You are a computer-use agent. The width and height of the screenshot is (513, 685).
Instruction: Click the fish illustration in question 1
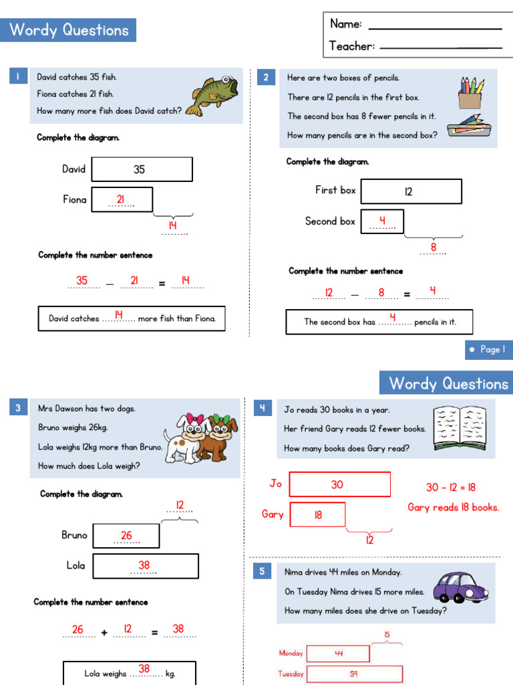[x=212, y=94]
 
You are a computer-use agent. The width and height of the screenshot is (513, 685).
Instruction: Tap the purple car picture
[x=461, y=588]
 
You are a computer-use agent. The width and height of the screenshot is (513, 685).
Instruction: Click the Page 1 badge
[x=488, y=349]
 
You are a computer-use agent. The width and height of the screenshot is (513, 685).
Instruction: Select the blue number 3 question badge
[x=17, y=407]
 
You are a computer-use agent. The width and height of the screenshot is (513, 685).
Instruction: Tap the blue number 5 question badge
[x=263, y=571]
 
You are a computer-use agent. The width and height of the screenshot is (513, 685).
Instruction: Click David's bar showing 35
[x=142, y=169]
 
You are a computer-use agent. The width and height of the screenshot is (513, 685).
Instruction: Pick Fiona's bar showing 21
[x=122, y=199]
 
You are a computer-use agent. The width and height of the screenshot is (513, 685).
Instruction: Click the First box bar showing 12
[x=411, y=191]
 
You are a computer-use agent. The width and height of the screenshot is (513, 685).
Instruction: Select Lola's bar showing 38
[x=146, y=566]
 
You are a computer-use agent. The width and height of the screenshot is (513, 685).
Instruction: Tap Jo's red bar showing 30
[x=339, y=484]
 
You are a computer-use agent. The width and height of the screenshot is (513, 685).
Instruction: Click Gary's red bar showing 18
[x=318, y=514]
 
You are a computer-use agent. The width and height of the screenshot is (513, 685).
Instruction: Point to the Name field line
[x=435, y=28]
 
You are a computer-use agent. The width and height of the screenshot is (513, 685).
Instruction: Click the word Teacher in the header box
[x=351, y=46]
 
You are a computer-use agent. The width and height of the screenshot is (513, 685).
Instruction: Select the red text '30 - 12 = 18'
[x=451, y=488]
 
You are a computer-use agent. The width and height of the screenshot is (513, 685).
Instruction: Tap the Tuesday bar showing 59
[x=355, y=674]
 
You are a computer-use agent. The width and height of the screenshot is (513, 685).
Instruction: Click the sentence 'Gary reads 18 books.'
[x=453, y=507]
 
